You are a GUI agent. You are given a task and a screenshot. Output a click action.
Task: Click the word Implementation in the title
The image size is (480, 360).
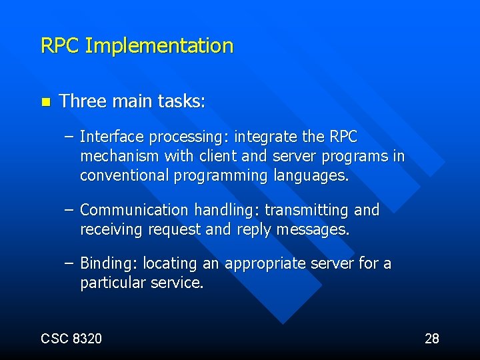(x=159, y=46)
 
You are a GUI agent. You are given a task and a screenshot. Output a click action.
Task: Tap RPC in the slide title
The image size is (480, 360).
(x=61, y=46)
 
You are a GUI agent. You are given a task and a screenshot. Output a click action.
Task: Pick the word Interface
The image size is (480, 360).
(x=111, y=137)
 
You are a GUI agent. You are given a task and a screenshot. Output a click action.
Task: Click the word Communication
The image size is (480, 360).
(x=134, y=211)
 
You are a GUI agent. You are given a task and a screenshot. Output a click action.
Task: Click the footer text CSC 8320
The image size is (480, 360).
(x=71, y=339)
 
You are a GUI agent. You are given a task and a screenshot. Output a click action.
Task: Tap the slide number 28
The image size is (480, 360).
(x=432, y=339)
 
